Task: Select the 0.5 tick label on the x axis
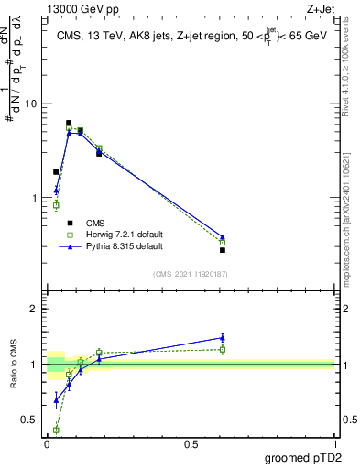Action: coord(191,443)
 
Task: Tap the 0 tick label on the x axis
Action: coord(47,443)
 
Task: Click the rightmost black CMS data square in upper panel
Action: coord(223,250)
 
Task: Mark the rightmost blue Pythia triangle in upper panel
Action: coord(223,236)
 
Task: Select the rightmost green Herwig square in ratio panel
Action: coord(223,349)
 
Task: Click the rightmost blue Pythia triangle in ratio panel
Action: coord(223,337)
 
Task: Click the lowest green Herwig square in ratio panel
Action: coord(56,430)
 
